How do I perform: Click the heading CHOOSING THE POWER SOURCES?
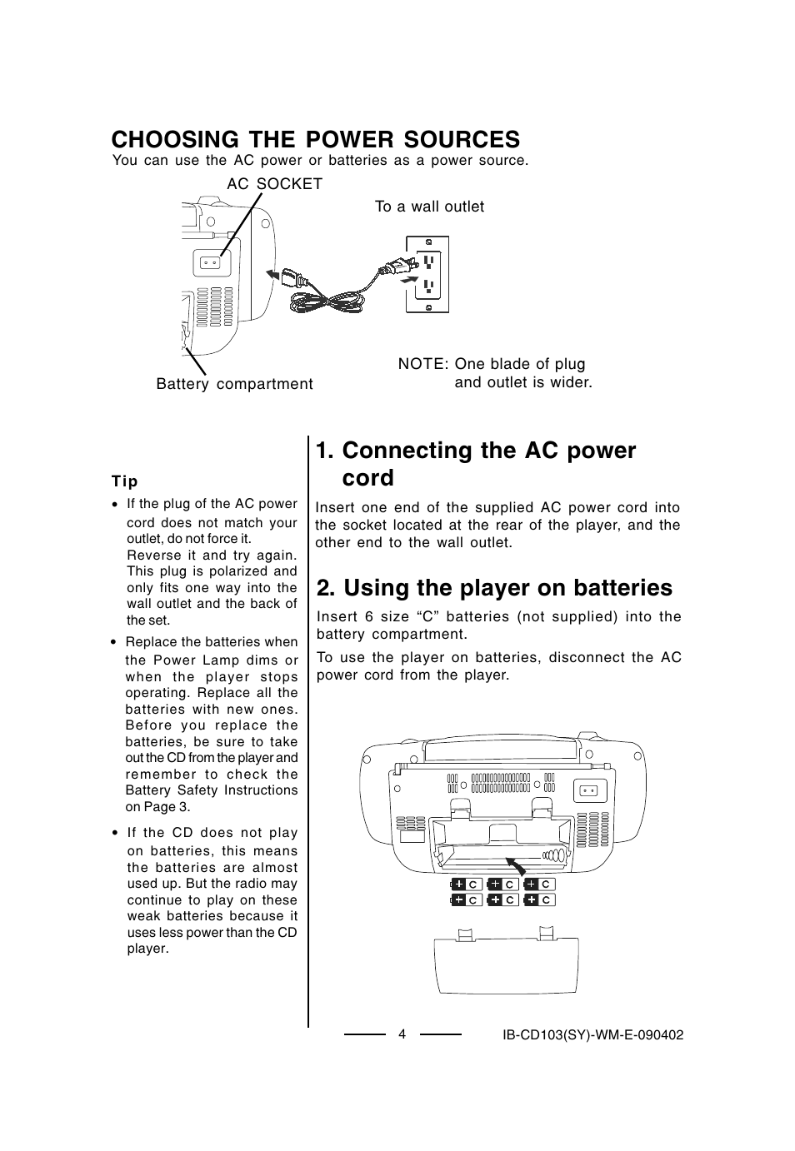click(315, 138)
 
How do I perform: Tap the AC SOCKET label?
click(274, 184)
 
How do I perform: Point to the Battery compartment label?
click(234, 384)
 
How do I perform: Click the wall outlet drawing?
click(427, 274)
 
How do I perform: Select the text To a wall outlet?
click(429, 207)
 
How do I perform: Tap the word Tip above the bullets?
click(125, 481)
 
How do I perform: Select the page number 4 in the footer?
click(402, 1034)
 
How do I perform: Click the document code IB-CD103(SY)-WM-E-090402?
click(592, 1034)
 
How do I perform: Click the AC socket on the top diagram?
click(209, 263)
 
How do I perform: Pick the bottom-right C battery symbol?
click(539, 900)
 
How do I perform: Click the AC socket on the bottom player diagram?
click(589, 790)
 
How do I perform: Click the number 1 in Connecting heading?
click(324, 451)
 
